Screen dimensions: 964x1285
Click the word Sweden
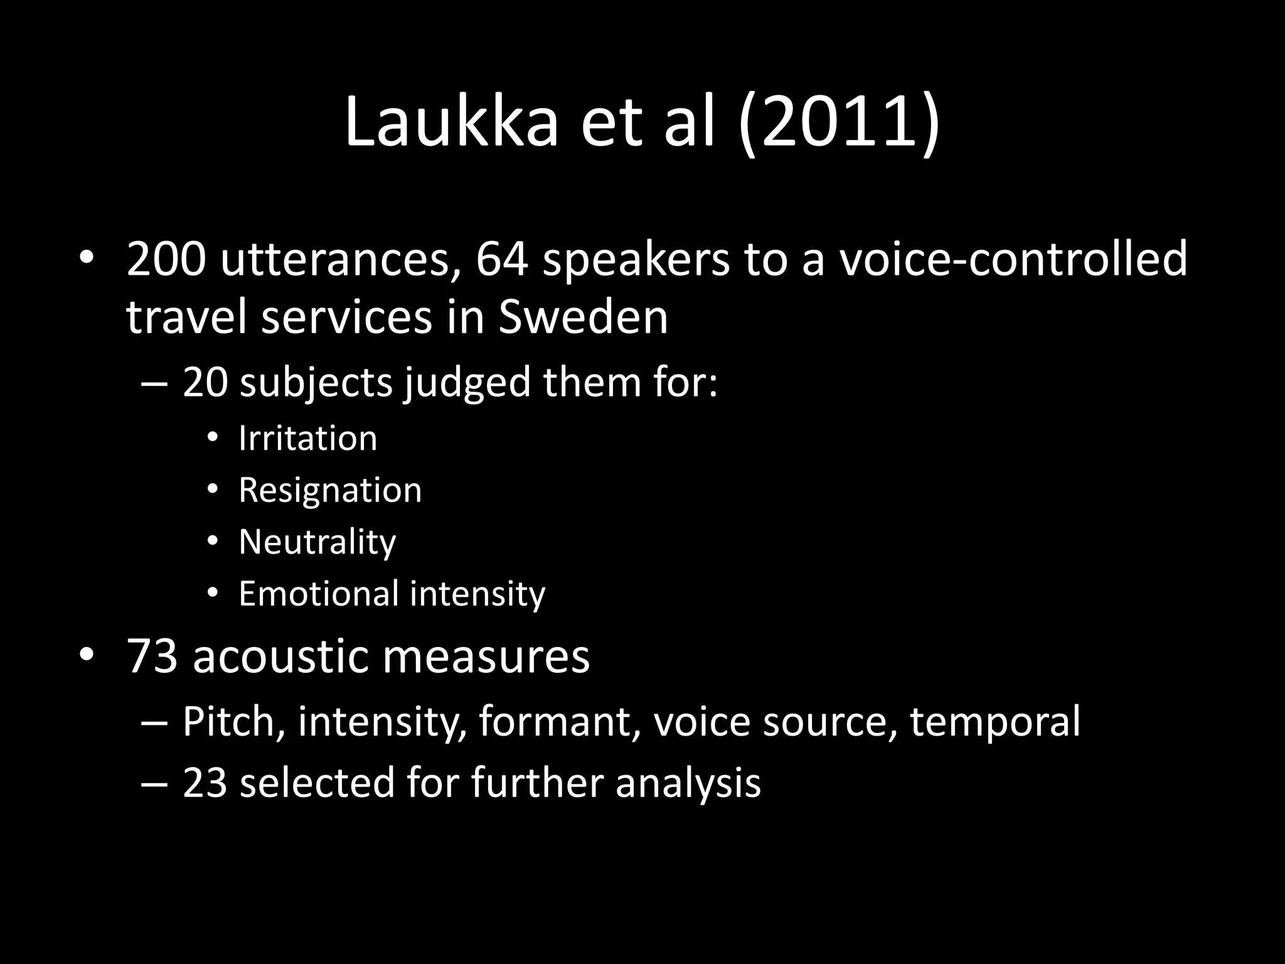pos(583,317)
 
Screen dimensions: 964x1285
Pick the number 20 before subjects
pos(205,381)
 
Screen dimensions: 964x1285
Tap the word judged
pos(467,382)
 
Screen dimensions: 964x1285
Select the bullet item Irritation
pos(308,438)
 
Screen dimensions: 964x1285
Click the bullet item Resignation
pos(330,490)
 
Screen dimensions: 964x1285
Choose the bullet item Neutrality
pos(317,542)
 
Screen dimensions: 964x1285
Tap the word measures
pos(486,656)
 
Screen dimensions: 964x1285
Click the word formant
pos(555,721)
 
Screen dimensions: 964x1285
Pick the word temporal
pos(995,721)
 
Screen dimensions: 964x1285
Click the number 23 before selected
pos(205,783)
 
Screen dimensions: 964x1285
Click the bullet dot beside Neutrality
pos(213,541)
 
